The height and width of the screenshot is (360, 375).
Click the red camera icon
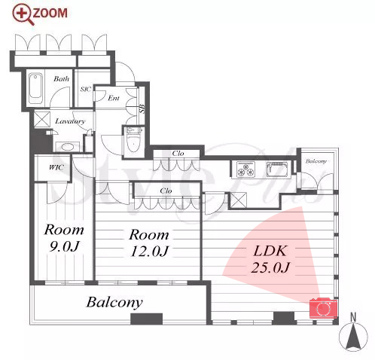[323, 308]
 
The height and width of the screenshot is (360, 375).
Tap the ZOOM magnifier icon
[23, 15]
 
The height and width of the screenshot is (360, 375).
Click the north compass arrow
[353, 337]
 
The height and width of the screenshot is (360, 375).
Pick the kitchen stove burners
[245, 169]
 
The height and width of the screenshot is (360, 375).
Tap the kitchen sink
[277, 169]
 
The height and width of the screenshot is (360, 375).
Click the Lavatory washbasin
[67, 147]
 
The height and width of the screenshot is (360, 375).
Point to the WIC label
[56, 167]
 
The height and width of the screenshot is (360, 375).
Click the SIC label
[85, 89]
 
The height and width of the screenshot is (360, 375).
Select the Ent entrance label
[114, 98]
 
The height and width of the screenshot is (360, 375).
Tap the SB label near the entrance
[142, 108]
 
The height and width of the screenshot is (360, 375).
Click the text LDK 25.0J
[270, 259]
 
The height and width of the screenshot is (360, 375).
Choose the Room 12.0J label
[149, 243]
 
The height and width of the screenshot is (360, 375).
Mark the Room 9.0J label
[64, 238]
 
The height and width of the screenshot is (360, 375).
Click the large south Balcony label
[114, 302]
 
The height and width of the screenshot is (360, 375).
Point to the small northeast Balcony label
[316, 161]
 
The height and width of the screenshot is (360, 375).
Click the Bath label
[61, 78]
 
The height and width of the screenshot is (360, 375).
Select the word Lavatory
[70, 121]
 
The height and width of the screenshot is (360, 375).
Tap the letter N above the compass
[353, 318]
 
